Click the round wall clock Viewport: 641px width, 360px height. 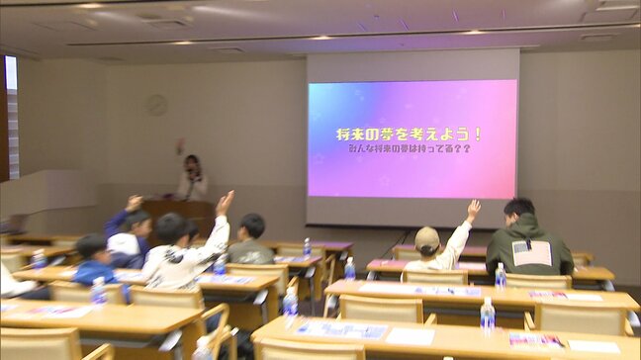click(156, 104)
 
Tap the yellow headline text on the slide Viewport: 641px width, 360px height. click(409, 134)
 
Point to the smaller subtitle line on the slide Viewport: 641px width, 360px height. click(409, 148)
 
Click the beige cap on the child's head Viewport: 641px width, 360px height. click(427, 237)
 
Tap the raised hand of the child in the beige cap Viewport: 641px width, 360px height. click(474, 209)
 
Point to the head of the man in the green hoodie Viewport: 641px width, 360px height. click(519, 212)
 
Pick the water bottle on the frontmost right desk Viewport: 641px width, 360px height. click(487, 315)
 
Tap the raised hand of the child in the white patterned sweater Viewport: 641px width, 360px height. click(225, 202)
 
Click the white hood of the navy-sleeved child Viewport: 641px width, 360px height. click(123, 243)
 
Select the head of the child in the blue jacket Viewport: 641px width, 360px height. click(92, 246)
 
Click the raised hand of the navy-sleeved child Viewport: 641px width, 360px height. click(135, 202)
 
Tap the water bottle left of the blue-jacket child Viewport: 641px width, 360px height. click(39, 260)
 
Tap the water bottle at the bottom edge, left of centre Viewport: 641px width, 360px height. click(203, 348)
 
